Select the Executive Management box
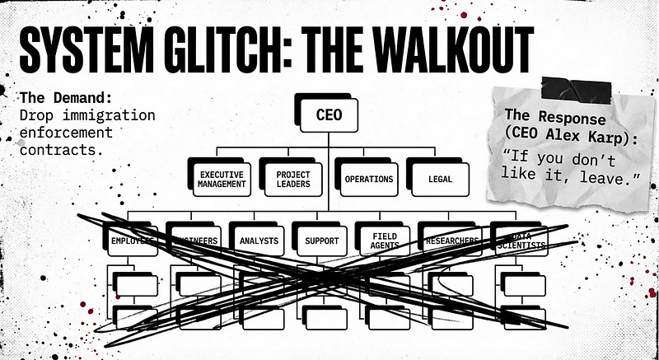tap(222, 178)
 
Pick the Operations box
tap(367, 178)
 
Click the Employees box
tap(132, 241)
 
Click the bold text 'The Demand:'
tap(56, 96)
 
